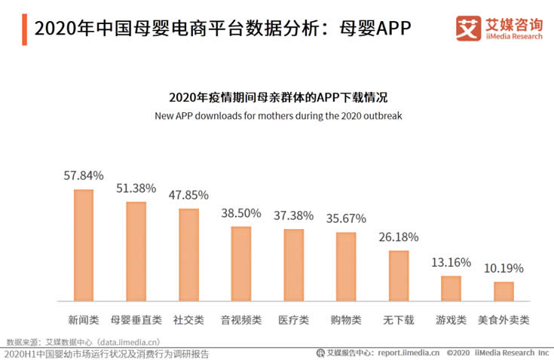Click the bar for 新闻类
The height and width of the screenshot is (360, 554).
(84, 246)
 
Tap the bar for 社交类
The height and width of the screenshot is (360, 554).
(188, 255)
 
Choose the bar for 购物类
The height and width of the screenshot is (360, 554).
(346, 267)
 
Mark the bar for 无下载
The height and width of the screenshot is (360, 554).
(399, 276)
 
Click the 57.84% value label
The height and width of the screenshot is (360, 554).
(84, 175)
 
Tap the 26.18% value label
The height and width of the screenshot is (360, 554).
(399, 236)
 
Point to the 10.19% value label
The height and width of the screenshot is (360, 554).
(503, 268)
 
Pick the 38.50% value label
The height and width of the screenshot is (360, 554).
(241, 213)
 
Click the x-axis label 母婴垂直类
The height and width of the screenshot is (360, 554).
(136, 319)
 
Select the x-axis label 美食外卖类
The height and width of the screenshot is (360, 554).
(503, 319)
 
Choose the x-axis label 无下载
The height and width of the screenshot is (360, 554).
(399, 319)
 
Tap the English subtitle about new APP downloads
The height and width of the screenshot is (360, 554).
(278, 116)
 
